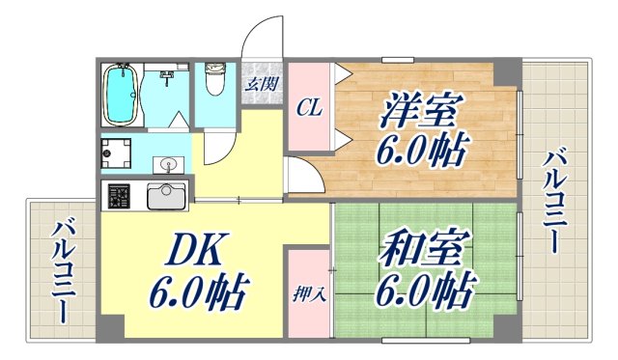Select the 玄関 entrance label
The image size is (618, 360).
pyautogui.click(x=258, y=83)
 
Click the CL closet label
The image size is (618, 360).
pyautogui.click(x=309, y=106)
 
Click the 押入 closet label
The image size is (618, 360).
pyautogui.click(x=308, y=292)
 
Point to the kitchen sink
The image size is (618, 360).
pyautogui.click(x=166, y=195)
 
